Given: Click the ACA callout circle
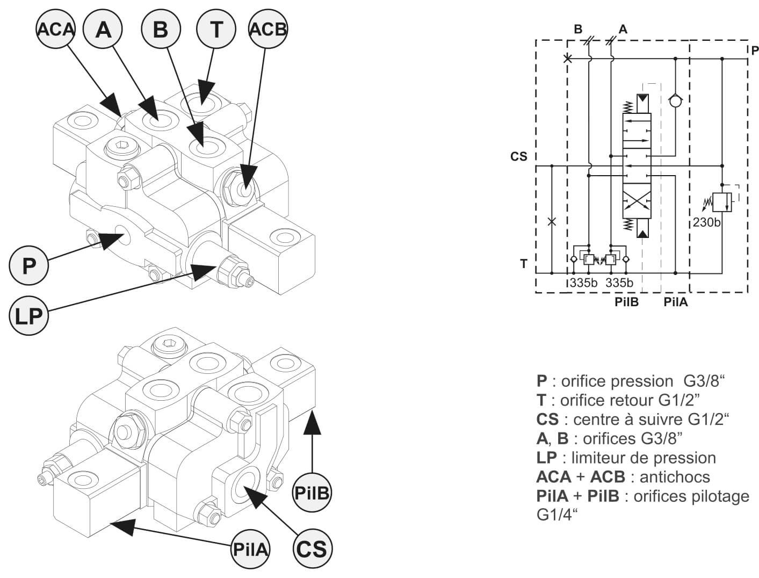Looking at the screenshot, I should [55, 29].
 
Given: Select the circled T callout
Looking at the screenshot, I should [216, 29].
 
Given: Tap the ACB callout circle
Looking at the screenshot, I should [268, 29].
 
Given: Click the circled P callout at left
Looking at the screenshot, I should [29, 264].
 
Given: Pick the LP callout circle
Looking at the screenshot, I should [29, 316].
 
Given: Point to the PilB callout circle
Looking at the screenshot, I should [312, 492].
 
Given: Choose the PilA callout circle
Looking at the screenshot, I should [250, 549].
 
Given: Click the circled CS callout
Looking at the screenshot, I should [312, 549].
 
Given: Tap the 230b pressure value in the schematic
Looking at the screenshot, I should [706, 222].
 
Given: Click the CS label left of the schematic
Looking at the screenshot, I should [519, 157].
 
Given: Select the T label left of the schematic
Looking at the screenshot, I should [524, 264].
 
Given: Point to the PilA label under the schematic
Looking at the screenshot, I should [675, 302].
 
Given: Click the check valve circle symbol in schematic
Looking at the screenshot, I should [675, 100].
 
